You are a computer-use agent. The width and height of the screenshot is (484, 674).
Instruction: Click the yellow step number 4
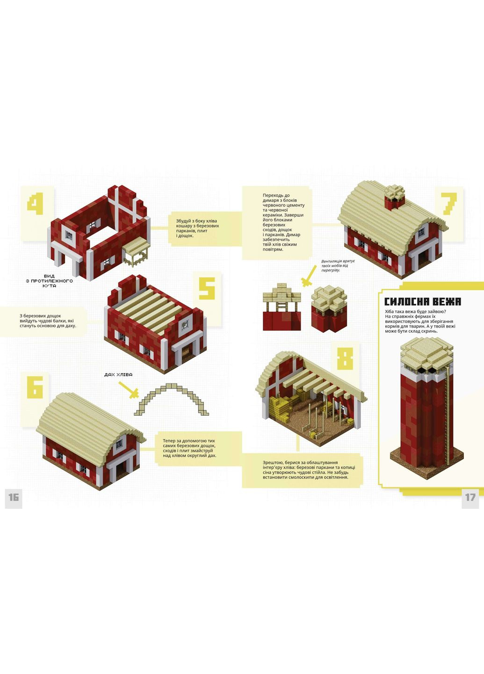tap(35, 205)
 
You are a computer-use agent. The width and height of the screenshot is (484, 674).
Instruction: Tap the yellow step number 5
tap(207, 288)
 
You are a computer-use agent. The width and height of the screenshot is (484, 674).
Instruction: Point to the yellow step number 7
tap(449, 204)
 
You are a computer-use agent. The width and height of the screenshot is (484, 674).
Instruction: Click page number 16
tap(14, 497)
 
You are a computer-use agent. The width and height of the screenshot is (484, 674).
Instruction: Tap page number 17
tap(470, 497)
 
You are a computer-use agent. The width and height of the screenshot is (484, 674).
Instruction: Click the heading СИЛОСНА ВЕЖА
tap(422, 302)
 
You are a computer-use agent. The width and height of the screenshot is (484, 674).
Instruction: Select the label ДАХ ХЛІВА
tap(118, 374)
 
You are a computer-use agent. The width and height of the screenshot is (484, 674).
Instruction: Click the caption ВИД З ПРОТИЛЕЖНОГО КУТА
tap(49, 281)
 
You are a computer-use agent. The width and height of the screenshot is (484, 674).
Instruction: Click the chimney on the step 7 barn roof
tap(395, 198)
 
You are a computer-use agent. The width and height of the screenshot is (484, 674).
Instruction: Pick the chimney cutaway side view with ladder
tap(282, 307)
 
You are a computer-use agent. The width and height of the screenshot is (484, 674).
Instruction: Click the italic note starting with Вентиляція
tap(338, 265)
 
